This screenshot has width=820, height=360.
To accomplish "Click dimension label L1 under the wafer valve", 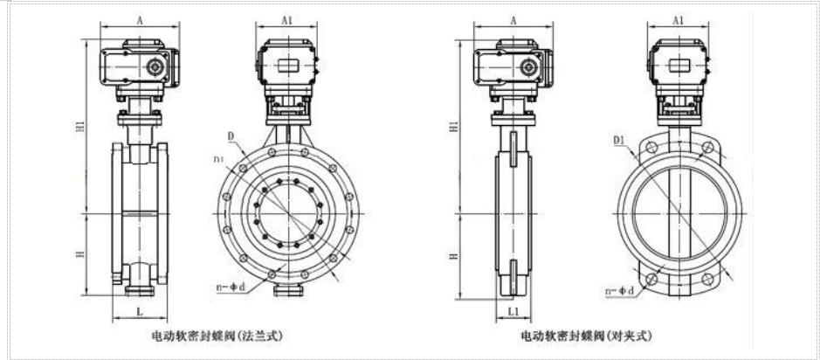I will [x=512, y=311].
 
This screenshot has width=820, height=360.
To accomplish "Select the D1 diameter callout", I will [x=619, y=139].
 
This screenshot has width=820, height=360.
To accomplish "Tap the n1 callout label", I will [x=218, y=158].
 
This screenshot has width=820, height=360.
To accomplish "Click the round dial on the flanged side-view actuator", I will [x=156, y=66].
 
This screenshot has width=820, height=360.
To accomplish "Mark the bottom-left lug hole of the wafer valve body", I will [x=651, y=280].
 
